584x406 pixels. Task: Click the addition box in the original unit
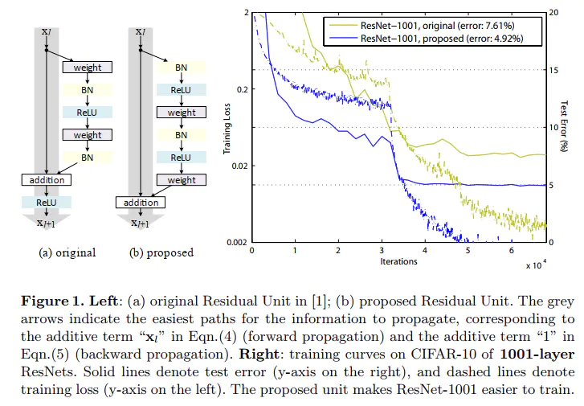[47, 181]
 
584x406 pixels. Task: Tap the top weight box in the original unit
[88, 68]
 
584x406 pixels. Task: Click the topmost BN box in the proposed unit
[182, 68]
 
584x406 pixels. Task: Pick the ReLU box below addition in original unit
[47, 203]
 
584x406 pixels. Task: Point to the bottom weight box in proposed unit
[182, 180]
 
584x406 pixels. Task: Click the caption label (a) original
[68, 252]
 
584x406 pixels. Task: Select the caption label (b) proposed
[161, 252]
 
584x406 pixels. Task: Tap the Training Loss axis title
[227, 128]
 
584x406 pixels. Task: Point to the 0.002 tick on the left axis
[235, 242]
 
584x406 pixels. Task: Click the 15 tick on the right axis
[553, 70]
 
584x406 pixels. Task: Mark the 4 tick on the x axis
[425, 251]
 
